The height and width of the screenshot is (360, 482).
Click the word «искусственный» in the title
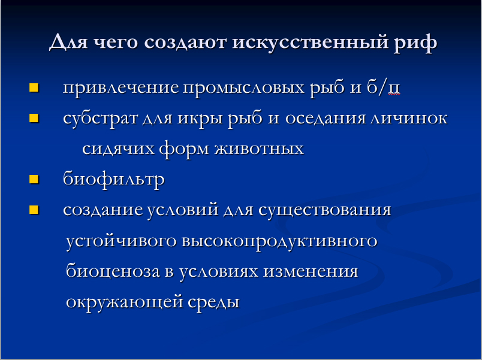[x=311, y=43]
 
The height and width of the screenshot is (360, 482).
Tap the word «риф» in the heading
[x=415, y=43]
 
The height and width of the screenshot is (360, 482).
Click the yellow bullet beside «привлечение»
[x=34, y=87]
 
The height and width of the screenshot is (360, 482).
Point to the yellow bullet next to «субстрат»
[x=34, y=118]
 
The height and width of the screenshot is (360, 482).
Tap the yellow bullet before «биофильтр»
[x=34, y=179]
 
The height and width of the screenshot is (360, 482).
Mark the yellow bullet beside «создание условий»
[x=34, y=210]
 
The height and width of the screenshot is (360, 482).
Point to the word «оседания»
[x=326, y=119]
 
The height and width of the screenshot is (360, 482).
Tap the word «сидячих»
[x=118, y=149]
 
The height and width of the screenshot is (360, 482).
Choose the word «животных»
[x=259, y=149]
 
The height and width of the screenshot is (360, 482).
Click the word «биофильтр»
[x=114, y=179]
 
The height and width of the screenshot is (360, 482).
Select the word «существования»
[x=324, y=210]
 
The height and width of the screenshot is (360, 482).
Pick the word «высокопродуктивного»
[x=279, y=241]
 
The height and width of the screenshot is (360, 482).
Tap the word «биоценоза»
[x=113, y=271]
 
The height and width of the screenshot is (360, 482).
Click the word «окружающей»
[x=125, y=302]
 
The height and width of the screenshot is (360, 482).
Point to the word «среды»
[x=213, y=302]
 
